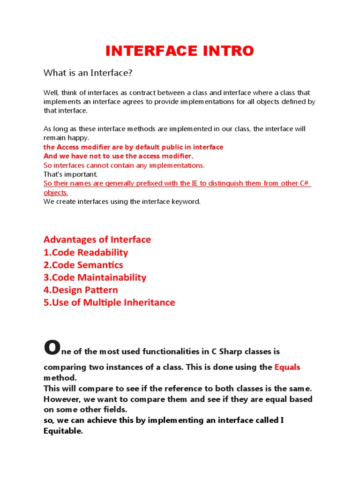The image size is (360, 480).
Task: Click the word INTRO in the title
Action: tap(225, 51)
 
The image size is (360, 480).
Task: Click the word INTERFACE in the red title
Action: tap(149, 51)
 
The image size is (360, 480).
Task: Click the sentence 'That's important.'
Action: tap(71, 174)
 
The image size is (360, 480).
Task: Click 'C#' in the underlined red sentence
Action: tap(305, 183)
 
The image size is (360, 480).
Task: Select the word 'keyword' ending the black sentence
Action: tap(187, 202)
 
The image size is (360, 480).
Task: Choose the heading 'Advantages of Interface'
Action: tap(97, 240)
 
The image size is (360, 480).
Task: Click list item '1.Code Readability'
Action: tap(86, 252)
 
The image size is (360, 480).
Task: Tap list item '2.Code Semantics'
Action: tap(83, 265)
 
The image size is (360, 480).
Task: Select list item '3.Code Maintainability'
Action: tap(95, 277)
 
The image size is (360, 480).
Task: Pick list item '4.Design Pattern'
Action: tap(81, 290)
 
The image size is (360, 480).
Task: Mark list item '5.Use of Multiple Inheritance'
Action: tap(109, 303)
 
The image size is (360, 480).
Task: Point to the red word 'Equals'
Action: tap(287, 367)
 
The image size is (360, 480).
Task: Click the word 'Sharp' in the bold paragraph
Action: tap(213, 351)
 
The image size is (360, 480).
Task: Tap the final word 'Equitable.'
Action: tap(63, 431)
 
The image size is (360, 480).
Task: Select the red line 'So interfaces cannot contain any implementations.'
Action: tap(124, 165)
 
